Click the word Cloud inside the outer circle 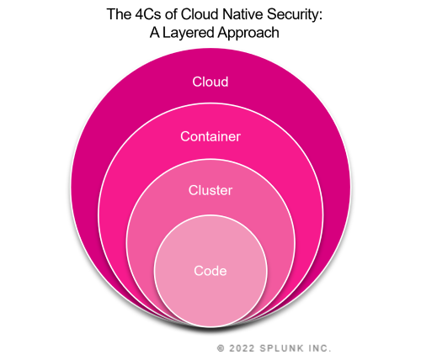pyautogui.click(x=210, y=82)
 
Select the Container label pyautogui.click(x=210, y=136)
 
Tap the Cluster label pyautogui.click(x=210, y=190)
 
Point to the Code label pyautogui.click(x=210, y=271)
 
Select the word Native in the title pyautogui.click(x=248, y=14)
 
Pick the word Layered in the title pyautogui.click(x=189, y=34)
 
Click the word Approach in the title pyautogui.click(x=248, y=34)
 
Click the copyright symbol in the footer pyautogui.click(x=221, y=348)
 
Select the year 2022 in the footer pyautogui.click(x=242, y=348)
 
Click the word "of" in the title pyautogui.click(x=172, y=14)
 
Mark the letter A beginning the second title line pyautogui.click(x=155, y=32)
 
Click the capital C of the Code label pyautogui.click(x=198, y=271)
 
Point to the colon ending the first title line pyautogui.click(x=320, y=16)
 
